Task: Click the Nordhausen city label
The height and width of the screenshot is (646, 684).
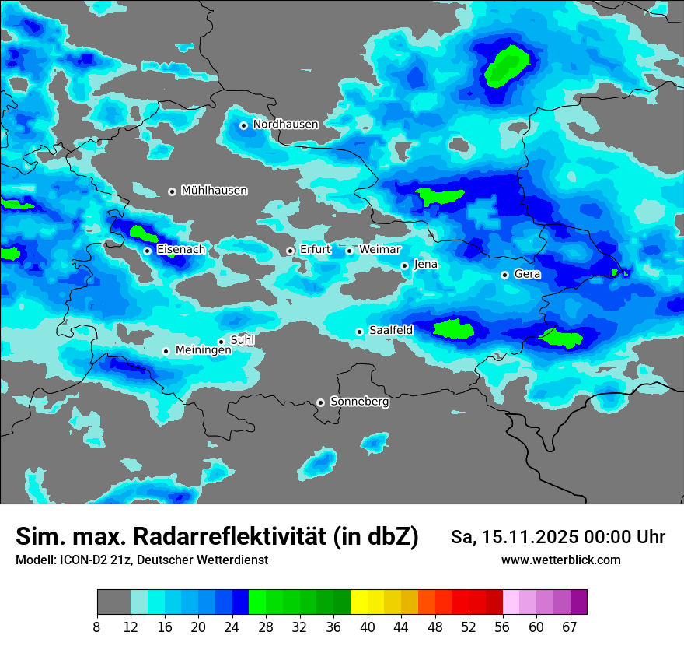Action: click(x=285, y=125)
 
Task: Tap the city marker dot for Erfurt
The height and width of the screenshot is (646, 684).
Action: click(x=290, y=251)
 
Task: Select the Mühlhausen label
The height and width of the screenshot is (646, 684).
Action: click(x=214, y=191)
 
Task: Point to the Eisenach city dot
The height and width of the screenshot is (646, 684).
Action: click(x=147, y=251)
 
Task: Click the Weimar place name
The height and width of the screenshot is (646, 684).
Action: click(x=380, y=250)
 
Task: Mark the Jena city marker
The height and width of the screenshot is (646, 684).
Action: click(x=404, y=265)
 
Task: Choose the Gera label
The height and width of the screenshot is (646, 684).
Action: click(x=527, y=274)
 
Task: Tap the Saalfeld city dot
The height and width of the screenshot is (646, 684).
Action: click(x=359, y=332)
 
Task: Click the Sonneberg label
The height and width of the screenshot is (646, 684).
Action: click(x=359, y=402)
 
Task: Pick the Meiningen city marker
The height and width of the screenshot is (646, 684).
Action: click(x=166, y=351)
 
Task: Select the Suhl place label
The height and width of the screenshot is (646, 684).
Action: click(x=243, y=340)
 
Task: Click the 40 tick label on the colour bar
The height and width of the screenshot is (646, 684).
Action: click(x=367, y=627)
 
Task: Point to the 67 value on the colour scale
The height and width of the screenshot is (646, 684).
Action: click(x=570, y=627)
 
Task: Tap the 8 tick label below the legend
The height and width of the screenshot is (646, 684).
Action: click(x=97, y=627)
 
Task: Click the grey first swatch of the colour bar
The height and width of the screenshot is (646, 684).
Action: click(x=113, y=602)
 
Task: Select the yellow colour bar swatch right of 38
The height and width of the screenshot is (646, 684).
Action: click(x=358, y=602)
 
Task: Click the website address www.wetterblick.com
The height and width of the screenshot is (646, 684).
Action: click(x=560, y=560)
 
